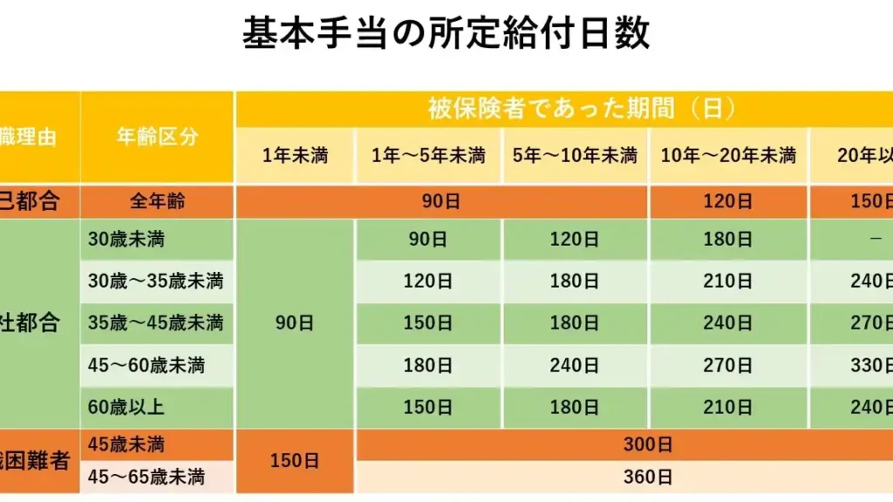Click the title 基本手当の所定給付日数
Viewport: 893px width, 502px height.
click(x=446, y=35)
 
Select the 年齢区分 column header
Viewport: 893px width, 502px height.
click(x=157, y=137)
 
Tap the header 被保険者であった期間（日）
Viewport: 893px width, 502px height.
click(x=582, y=109)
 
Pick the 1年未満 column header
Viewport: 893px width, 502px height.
click(x=295, y=156)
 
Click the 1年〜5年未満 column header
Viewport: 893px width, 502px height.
click(x=428, y=156)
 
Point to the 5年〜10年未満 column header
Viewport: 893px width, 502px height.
click(x=575, y=156)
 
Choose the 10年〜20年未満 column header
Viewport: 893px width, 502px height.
click(x=728, y=156)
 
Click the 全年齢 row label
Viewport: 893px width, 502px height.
click(x=157, y=202)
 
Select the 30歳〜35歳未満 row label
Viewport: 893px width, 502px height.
click(x=155, y=282)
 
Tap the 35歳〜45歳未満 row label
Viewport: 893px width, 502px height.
click(x=155, y=323)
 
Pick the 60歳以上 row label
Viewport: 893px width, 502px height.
click(x=126, y=407)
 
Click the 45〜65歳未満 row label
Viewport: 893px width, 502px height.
click(x=146, y=478)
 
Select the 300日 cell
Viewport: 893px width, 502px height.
click(x=648, y=445)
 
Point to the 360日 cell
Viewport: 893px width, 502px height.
click(x=648, y=478)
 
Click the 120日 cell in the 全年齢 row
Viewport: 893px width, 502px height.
click(x=728, y=202)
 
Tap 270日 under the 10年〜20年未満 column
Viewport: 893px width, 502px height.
click(x=728, y=365)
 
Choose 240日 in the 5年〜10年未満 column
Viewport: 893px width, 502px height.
click(x=575, y=365)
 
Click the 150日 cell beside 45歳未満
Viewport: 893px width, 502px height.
click(x=295, y=461)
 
